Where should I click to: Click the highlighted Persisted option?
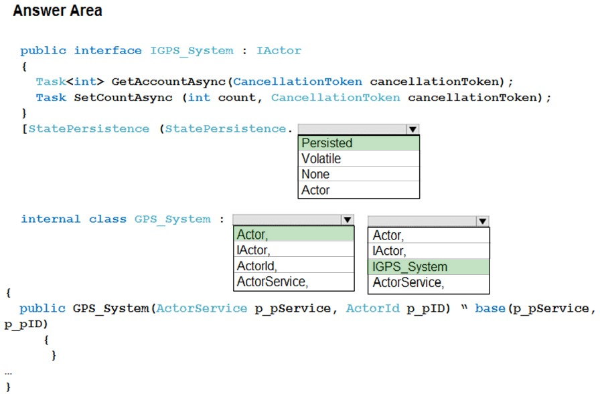pyautogui.click(x=358, y=143)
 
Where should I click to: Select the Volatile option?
pyautogui.click(x=358, y=159)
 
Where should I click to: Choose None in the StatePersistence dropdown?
pyautogui.click(x=358, y=174)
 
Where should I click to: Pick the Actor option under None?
pyautogui.click(x=358, y=189)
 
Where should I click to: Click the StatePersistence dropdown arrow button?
pyautogui.click(x=412, y=129)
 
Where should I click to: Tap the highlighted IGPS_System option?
pyautogui.click(x=428, y=267)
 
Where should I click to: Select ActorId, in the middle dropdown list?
pyautogui.click(x=293, y=266)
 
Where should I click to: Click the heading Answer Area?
pyautogui.click(x=58, y=10)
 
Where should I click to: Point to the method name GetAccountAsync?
pyautogui.click(x=168, y=82)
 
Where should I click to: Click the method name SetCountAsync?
pyautogui.click(x=123, y=98)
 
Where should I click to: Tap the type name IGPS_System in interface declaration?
pyautogui.click(x=192, y=51)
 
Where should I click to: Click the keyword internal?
pyautogui.click(x=50, y=219)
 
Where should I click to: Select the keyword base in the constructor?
pyautogui.click(x=490, y=308)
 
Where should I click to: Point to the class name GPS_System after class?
pyautogui.click(x=172, y=219)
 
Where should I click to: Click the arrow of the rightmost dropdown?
pyautogui.click(x=483, y=221)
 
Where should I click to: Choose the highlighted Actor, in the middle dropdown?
pyautogui.click(x=293, y=234)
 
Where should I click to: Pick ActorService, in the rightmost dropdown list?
pyautogui.click(x=428, y=282)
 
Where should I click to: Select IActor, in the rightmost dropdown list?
pyautogui.click(x=428, y=251)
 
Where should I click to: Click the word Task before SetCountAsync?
pyautogui.click(x=51, y=98)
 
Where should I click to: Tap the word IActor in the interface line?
pyautogui.click(x=279, y=50)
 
